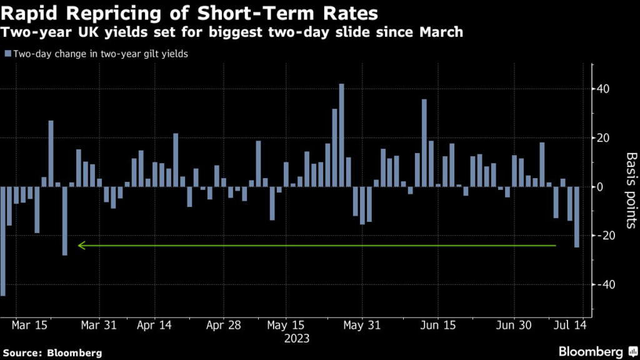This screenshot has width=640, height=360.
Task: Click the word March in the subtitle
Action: (x=441, y=32)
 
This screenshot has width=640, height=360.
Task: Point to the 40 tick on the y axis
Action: (x=601, y=89)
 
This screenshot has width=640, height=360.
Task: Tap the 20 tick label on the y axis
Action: (x=601, y=137)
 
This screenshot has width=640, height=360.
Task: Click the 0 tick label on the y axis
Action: (x=598, y=187)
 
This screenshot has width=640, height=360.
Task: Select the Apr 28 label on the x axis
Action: (x=223, y=326)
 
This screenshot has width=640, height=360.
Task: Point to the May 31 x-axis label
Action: (x=362, y=326)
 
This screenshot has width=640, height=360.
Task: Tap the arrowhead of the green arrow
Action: (x=80, y=246)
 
